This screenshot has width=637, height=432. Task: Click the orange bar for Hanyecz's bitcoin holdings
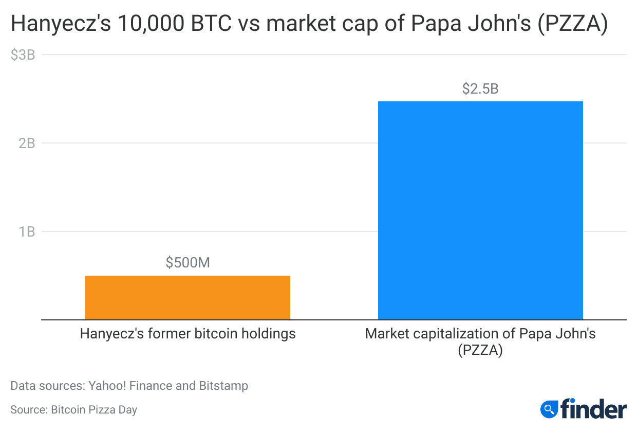pos(188,297)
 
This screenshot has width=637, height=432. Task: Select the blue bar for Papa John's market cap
pos(480,210)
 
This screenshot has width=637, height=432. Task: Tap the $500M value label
pos(188,263)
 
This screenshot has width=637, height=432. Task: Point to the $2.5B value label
pos(480,88)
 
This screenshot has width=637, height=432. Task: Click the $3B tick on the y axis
pos(23,55)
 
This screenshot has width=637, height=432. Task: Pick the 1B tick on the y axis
pos(27,231)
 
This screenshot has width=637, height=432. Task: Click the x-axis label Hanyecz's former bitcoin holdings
pos(188,334)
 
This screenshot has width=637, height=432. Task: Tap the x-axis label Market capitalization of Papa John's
pos(480,334)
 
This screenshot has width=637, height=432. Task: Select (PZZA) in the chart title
pos(572,24)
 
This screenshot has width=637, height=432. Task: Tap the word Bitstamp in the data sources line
pos(224,386)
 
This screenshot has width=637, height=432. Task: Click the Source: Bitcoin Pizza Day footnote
pos(73,410)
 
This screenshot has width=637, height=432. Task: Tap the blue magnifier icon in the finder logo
pos(549,409)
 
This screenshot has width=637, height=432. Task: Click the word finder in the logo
pos(593,409)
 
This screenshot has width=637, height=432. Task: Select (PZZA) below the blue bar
pos(480,351)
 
